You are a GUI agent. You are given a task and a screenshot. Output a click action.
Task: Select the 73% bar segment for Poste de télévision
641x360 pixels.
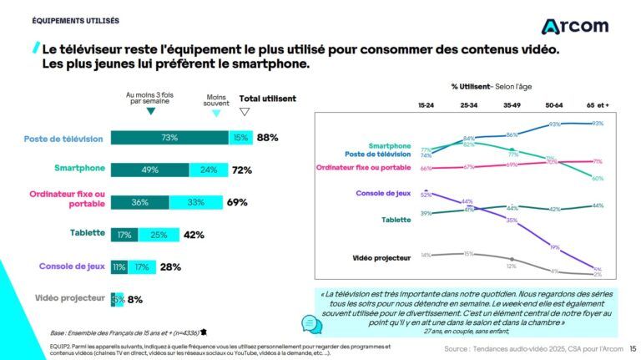tap(169, 138)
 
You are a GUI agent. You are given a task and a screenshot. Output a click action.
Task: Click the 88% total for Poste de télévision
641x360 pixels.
tap(267, 138)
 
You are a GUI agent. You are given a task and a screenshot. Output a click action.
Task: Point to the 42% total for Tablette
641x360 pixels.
tap(194, 235)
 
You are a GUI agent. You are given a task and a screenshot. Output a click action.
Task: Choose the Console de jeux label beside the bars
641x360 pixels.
tap(71, 266)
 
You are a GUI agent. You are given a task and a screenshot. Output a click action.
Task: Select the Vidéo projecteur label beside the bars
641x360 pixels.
tap(70, 298)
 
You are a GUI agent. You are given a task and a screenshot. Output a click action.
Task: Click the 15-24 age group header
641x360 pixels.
tap(426, 104)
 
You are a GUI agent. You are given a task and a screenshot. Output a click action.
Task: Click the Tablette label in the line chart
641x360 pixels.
tap(396, 220)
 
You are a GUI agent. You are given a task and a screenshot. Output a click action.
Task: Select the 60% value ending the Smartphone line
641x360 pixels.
tap(597, 178)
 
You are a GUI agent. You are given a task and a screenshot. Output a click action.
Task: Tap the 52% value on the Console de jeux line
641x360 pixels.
tap(426, 194)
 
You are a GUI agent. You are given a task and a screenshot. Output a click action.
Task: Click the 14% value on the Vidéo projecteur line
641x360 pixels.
tap(426, 255)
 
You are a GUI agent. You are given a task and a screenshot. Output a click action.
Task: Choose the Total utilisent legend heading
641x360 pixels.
tap(267, 99)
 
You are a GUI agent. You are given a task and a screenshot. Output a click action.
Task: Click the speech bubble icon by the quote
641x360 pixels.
tap(310, 323)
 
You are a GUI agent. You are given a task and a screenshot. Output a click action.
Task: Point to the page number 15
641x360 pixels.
tap(632, 348)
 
